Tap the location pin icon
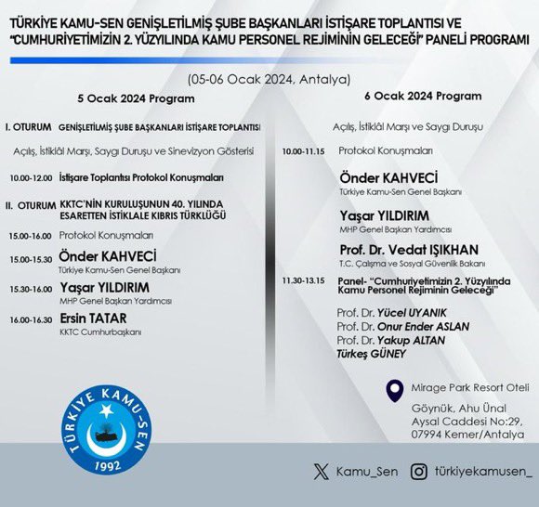click(x=395, y=389)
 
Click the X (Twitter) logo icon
click(x=321, y=472)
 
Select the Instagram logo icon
click(x=419, y=472)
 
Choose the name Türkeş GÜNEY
click(x=372, y=354)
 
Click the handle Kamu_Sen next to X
click(x=369, y=472)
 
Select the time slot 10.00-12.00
click(x=31, y=176)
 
